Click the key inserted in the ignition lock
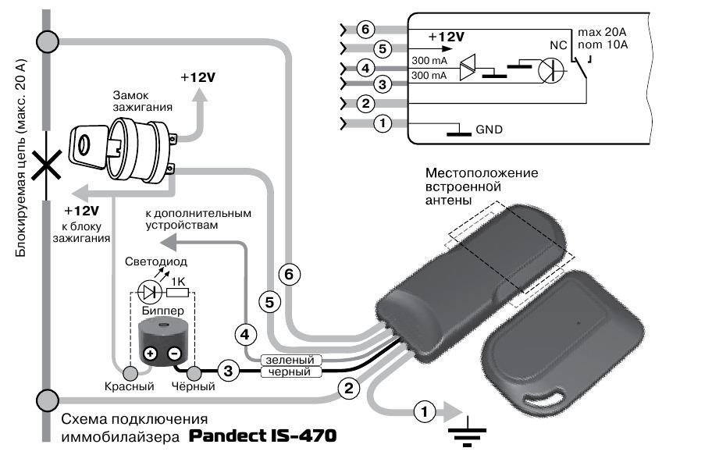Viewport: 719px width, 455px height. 90,146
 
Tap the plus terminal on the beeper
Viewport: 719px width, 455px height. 151,354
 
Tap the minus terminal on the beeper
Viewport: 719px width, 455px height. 174,354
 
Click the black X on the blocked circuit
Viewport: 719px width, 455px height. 46,166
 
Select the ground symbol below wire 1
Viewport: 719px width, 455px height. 467,431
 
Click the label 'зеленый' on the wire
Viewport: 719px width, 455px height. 290,360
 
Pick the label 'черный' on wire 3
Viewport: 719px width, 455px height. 290,371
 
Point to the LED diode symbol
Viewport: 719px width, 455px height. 149,291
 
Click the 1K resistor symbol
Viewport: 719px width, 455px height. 177,292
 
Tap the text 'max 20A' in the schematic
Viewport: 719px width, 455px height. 602,32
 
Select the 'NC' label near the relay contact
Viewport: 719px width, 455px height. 558,45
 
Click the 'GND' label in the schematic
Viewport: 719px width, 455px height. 489,130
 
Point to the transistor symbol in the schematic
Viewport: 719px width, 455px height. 550,70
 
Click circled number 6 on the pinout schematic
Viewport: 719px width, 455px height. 365,30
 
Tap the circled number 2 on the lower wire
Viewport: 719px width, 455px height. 349,388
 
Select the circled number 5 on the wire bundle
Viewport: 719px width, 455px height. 270,302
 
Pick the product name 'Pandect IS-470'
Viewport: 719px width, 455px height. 263,435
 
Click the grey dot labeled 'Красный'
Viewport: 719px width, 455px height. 130,373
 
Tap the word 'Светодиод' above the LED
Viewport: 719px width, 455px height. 156,261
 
